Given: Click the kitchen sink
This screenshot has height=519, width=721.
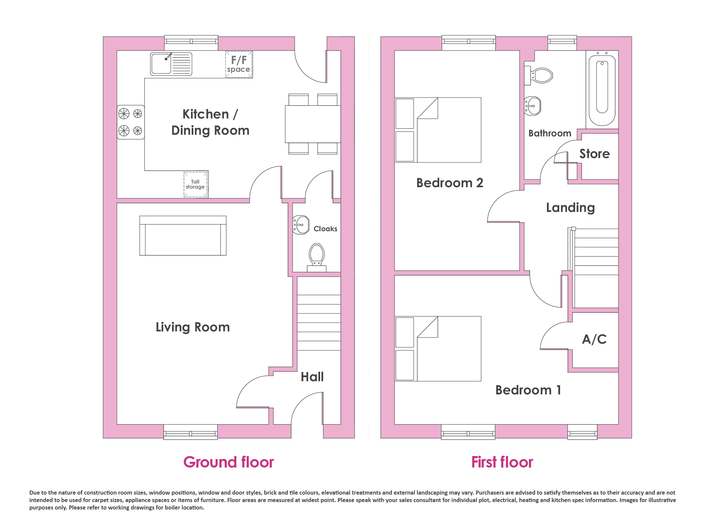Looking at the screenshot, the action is click(x=171, y=64).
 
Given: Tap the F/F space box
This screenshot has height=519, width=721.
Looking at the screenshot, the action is click(x=239, y=64).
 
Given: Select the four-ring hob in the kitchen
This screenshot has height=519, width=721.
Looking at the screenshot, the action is click(x=131, y=122).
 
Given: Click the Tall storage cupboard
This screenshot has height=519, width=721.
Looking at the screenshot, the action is click(x=196, y=184).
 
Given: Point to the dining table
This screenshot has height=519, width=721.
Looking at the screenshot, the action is click(x=313, y=124).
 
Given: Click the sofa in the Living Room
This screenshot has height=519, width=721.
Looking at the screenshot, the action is click(x=183, y=236).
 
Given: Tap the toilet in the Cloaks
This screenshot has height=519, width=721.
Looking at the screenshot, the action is click(x=317, y=258).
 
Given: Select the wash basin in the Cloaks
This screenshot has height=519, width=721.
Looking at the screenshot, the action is click(x=301, y=225).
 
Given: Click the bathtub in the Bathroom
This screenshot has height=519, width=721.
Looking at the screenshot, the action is click(x=602, y=90).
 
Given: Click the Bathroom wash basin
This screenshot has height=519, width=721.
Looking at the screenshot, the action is click(x=532, y=106).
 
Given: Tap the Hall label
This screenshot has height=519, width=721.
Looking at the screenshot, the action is click(x=312, y=377).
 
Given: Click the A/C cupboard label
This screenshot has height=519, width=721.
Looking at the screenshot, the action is click(x=594, y=339).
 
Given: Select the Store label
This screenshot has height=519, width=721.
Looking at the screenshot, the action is click(x=595, y=154).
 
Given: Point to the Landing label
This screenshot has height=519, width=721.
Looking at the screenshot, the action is click(x=571, y=208).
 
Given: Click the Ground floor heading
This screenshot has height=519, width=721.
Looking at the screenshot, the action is click(x=229, y=462).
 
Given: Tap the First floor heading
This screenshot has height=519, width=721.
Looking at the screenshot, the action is click(x=502, y=462).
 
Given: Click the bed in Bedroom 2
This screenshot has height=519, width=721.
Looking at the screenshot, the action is click(x=438, y=130).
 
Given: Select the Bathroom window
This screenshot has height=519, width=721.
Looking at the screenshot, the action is click(x=562, y=43).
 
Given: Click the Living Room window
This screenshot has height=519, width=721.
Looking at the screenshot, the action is click(x=191, y=432).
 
